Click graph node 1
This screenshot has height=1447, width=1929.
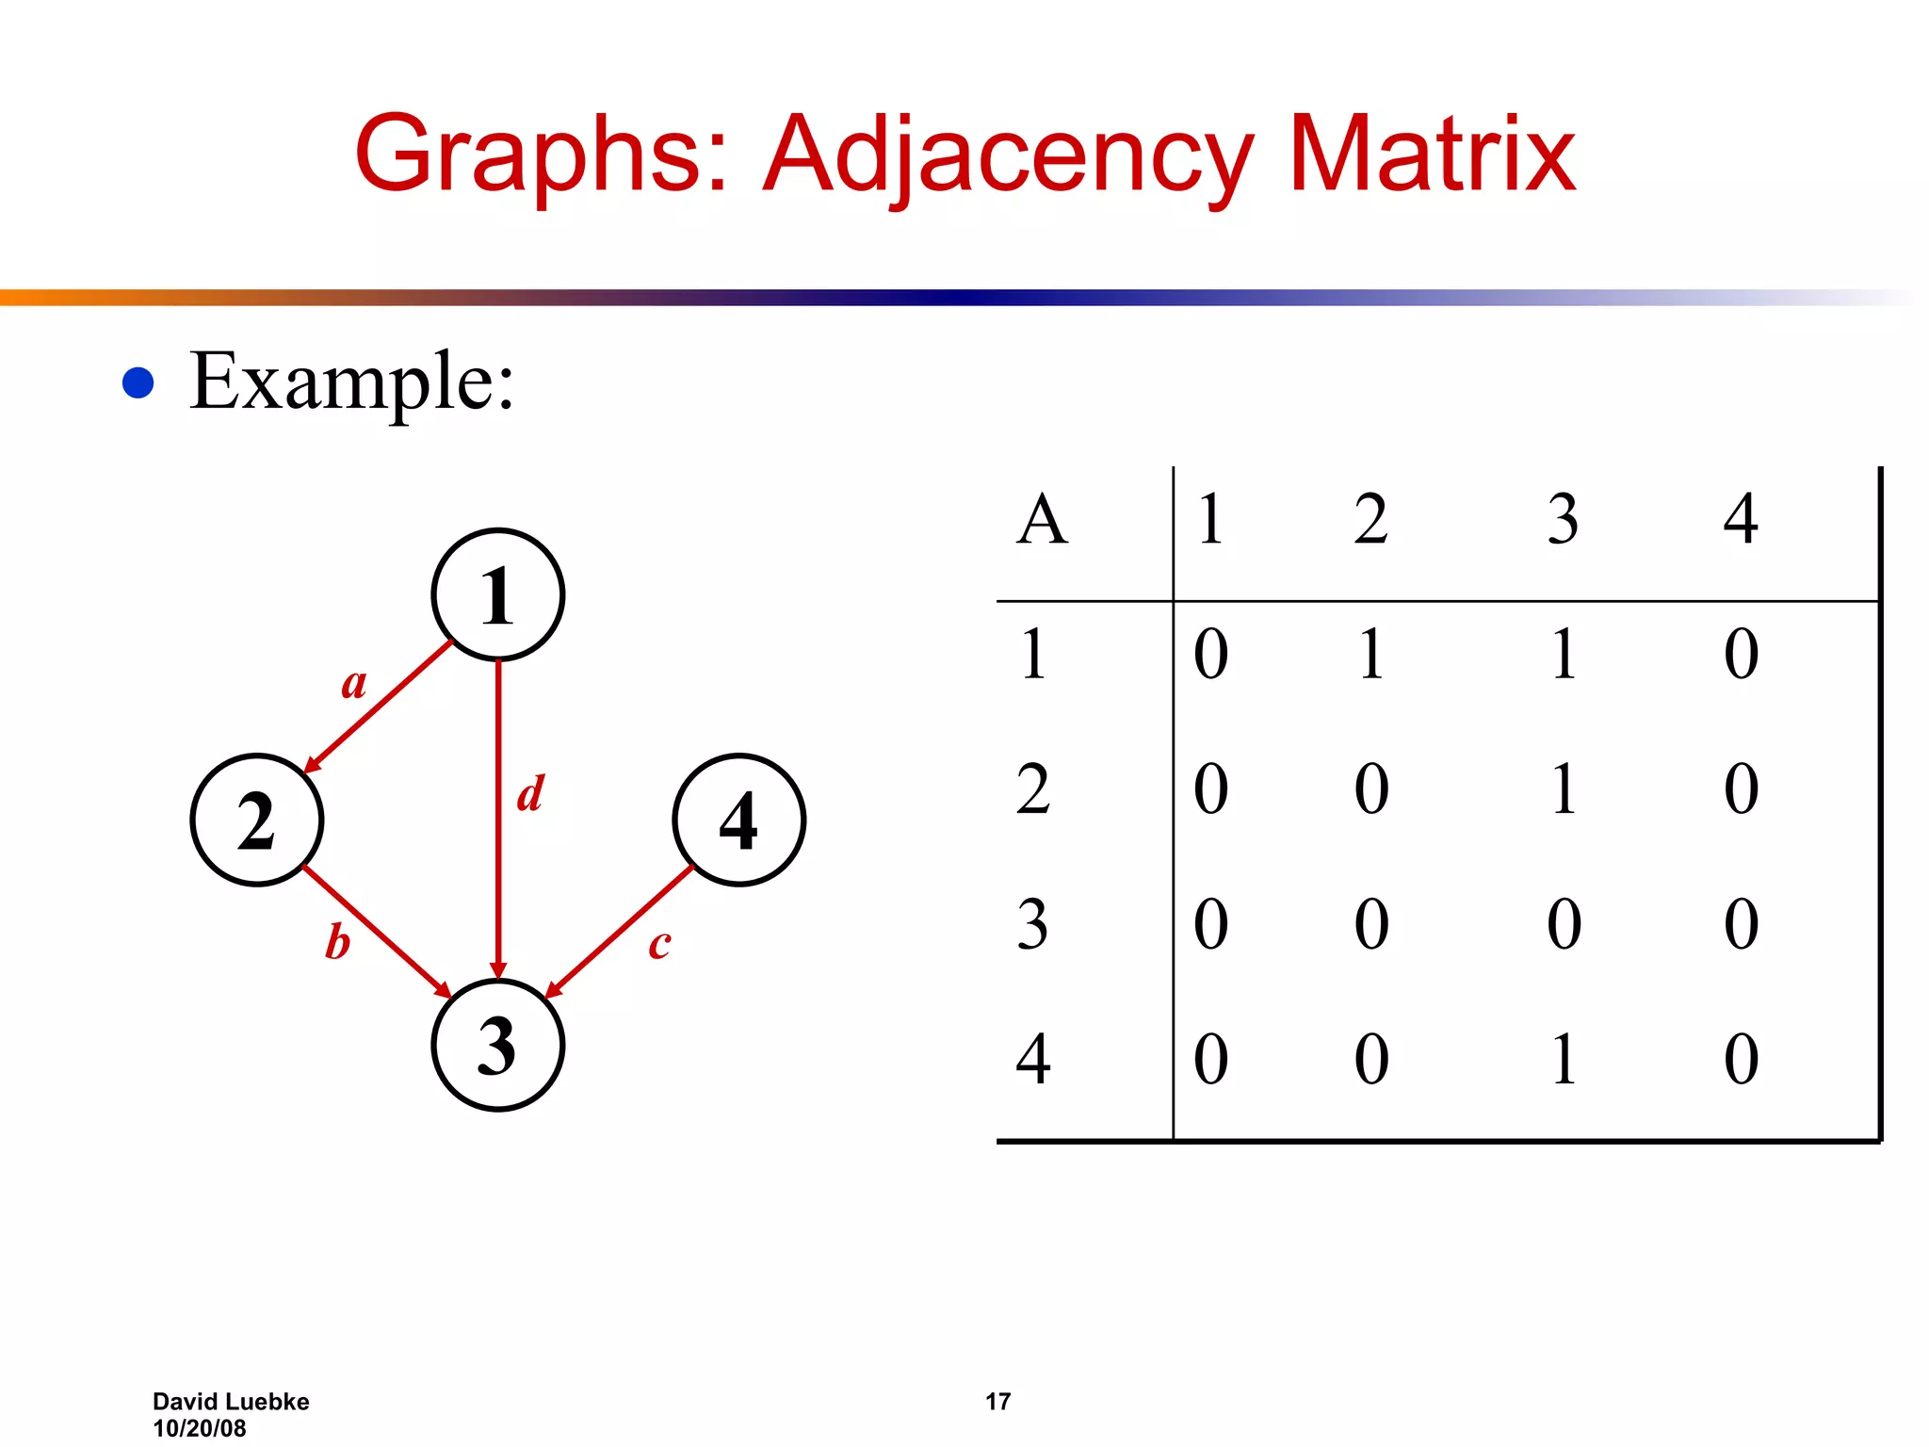click(x=497, y=594)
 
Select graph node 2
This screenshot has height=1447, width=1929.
click(x=257, y=821)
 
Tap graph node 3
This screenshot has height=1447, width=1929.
click(x=497, y=1046)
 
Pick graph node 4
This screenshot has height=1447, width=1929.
click(x=739, y=821)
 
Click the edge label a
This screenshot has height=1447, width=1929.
click(x=354, y=683)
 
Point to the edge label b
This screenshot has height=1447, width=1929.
click(x=337, y=942)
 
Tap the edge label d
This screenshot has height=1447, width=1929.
click(x=531, y=793)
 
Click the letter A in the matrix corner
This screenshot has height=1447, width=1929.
click(x=1042, y=519)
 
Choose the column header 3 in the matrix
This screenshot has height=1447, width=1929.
click(x=1563, y=519)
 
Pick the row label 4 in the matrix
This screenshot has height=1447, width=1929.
click(x=1033, y=1059)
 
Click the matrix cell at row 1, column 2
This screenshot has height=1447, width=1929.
click(x=1371, y=654)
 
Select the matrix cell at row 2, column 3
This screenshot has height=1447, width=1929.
click(x=1564, y=789)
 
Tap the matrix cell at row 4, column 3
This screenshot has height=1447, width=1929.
click(x=1564, y=1059)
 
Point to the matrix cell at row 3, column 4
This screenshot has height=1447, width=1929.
click(x=1742, y=924)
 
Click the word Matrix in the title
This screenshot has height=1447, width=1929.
click(x=1431, y=154)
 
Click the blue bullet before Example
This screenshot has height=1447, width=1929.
click(x=138, y=382)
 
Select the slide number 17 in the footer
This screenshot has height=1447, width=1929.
click(x=997, y=1402)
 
